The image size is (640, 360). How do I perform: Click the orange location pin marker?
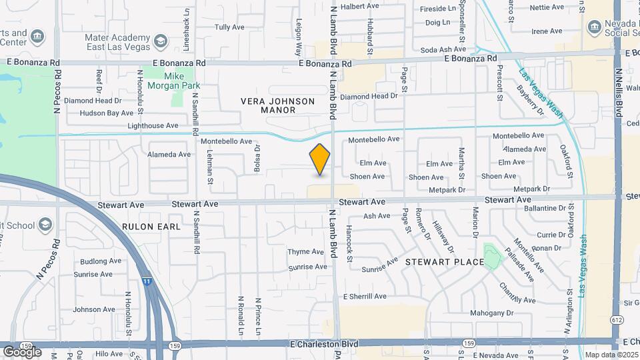[320, 159]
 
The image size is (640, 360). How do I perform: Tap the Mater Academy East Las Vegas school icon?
[160, 42]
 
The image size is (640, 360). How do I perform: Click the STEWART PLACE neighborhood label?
[445, 262]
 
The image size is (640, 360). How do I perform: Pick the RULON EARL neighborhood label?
[151, 227]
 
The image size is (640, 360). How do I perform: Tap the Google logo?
[22, 352]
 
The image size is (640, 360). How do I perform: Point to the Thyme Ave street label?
[305, 252]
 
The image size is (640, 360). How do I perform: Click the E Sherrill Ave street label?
[365, 296]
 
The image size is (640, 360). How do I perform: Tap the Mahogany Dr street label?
[492, 312]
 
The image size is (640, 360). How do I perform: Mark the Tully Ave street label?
[230, 27]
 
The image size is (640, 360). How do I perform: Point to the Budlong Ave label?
[98, 262]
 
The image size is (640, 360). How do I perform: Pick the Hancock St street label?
[349, 243]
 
